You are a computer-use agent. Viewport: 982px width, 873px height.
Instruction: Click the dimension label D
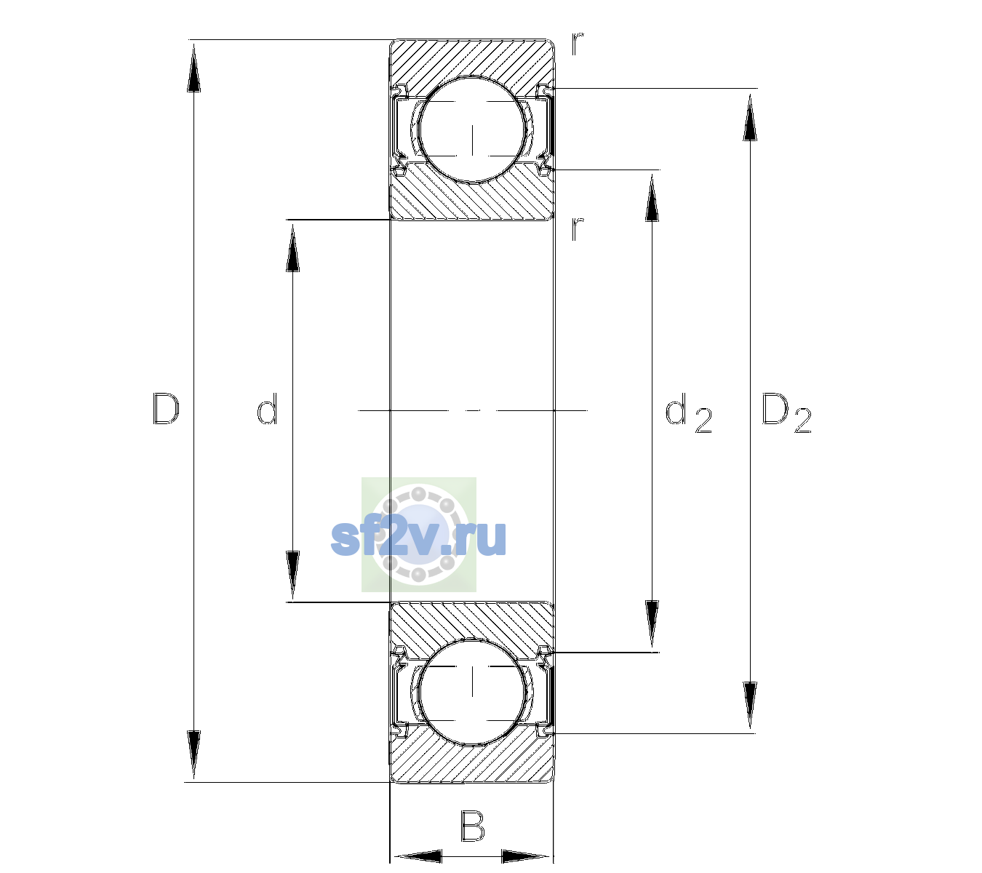tap(166, 409)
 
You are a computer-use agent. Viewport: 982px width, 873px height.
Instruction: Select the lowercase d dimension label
tap(267, 409)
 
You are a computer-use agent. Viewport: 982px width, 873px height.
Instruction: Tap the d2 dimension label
tap(688, 412)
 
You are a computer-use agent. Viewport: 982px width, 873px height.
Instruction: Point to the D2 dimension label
tap(786, 412)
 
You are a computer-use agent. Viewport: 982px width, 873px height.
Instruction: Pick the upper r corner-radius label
tap(578, 44)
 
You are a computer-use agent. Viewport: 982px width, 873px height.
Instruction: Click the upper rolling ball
tap(472, 129)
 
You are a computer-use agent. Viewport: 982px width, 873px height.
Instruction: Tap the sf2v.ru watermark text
tap(418, 538)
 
